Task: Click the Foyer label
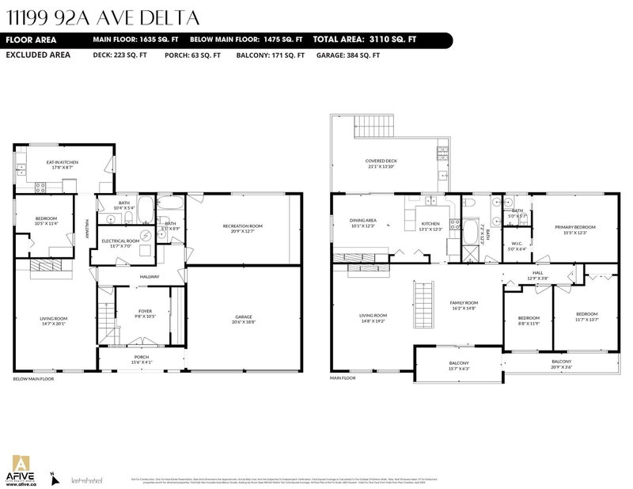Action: tap(145, 313)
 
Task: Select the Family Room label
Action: tap(464, 305)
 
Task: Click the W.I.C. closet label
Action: tap(516, 245)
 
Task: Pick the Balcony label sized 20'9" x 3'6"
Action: tap(561, 364)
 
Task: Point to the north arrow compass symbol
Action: tap(52, 476)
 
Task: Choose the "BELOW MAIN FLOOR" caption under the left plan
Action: tap(33, 379)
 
